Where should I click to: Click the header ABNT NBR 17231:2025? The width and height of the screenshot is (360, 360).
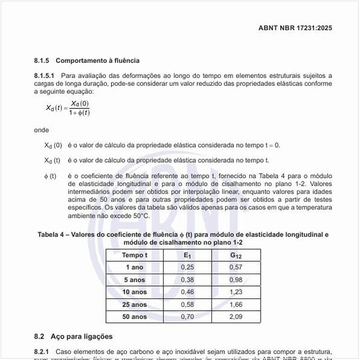[x=295, y=28]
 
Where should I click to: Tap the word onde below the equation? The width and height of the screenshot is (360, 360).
[x=41, y=130]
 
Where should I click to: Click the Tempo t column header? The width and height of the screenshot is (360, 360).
[x=134, y=255]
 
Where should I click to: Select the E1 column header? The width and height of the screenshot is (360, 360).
[x=188, y=255]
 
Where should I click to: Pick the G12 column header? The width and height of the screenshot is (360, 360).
[x=236, y=255]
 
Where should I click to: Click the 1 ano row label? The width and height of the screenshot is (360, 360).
[x=134, y=267]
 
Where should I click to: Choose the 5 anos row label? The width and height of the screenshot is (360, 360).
[x=134, y=279]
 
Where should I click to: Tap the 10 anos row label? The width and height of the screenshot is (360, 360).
[x=134, y=292]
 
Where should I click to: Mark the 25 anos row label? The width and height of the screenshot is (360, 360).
[x=134, y=304]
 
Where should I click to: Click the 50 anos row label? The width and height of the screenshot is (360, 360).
[x=134, y=317]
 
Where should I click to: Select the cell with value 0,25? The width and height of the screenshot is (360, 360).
[x=188, y=267]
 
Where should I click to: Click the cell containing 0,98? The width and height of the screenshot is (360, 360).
[x=236, y=279]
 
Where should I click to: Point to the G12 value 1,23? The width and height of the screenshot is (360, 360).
[x=236, y=292]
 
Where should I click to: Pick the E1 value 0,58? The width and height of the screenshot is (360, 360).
[x=188, y=304]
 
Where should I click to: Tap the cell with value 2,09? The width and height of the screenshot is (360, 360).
[x=236, y=317]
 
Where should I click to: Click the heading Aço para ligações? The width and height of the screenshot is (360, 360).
[x=82, y=336]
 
